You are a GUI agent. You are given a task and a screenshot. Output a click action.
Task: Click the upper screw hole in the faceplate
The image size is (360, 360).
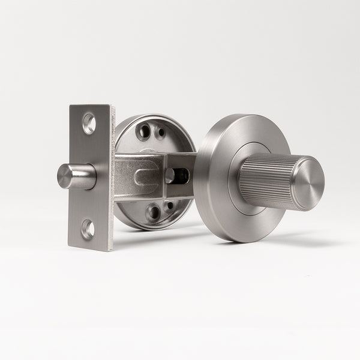(x=89, y=123)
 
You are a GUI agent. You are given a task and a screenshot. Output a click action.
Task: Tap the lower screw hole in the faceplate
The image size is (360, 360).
(x=88, y=229)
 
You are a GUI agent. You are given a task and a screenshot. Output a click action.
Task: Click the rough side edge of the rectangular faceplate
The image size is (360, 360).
(x=110, y=180)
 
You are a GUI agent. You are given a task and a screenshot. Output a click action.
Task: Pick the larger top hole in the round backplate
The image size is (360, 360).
(x=144, y=131)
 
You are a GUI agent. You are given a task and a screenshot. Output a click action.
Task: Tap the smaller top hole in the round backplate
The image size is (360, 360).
(x=160, y=133)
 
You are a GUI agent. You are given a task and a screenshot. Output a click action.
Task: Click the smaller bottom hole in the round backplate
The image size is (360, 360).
(x=169, y=206)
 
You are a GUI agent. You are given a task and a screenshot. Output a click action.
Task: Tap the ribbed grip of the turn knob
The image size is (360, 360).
(x=264, y=180)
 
